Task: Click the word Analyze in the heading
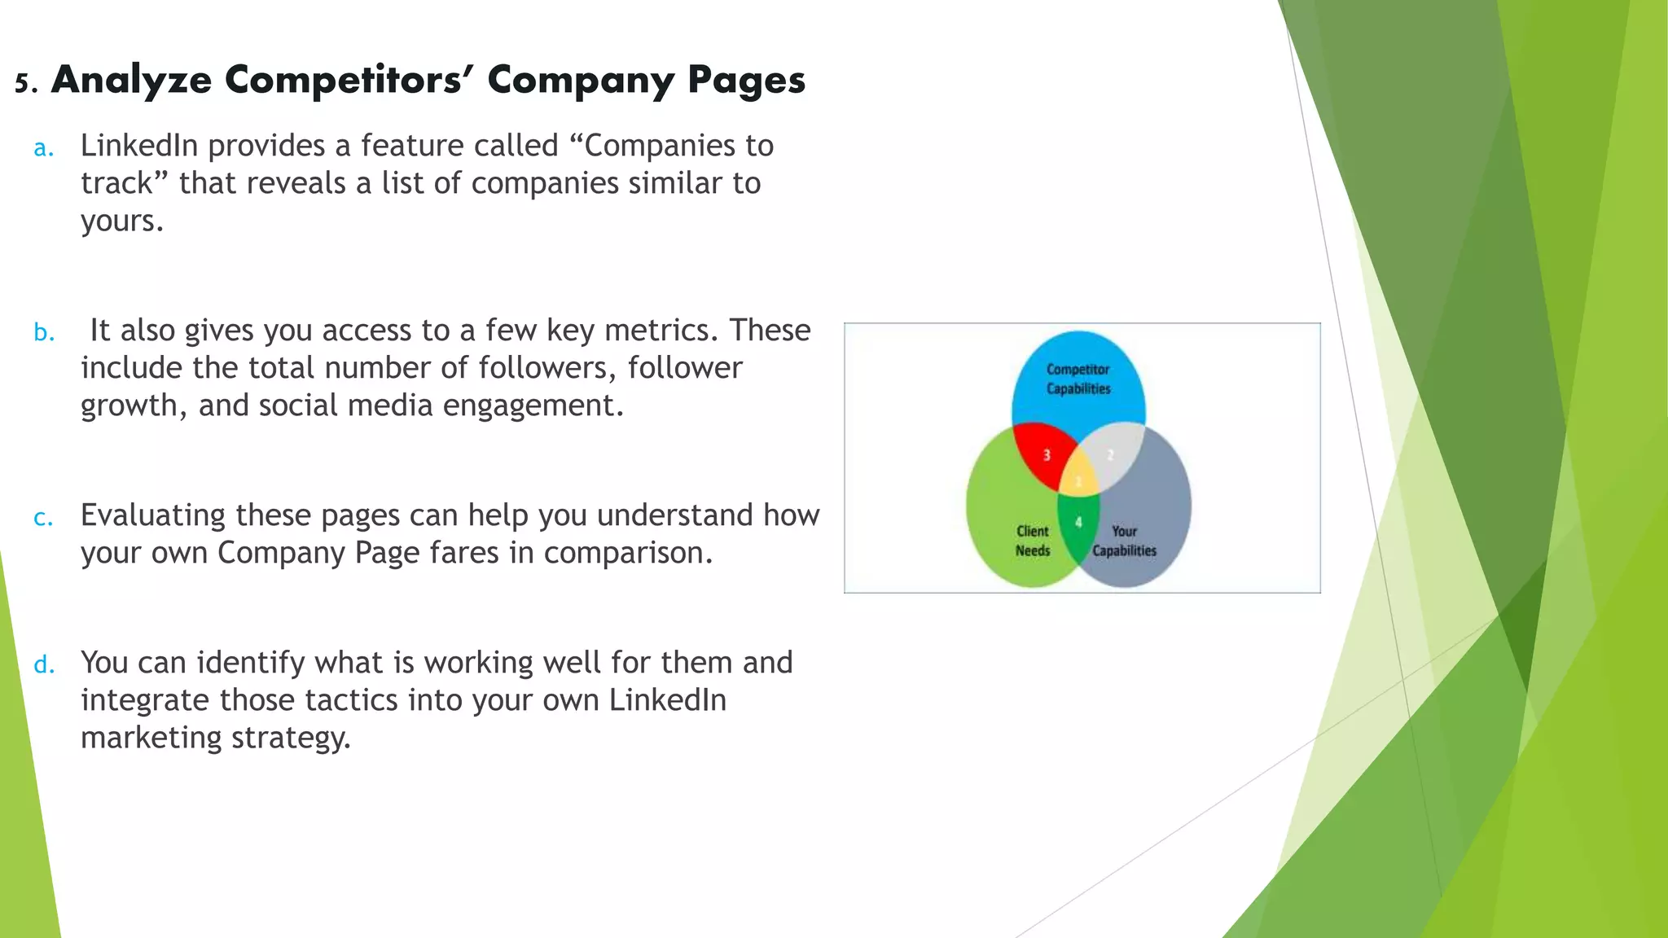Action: pyautogui.click(x=131, y=81)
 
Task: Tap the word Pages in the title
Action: pyautogui.click(x=746, y=81)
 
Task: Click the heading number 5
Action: pyautogui.click(x=25, y=83)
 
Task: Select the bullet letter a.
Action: pyautogui.click(x=43, y=148)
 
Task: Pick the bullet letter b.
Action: pyautogui.click(x=44, y=332)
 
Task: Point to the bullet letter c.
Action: pyautogui.click(x=43, y=518)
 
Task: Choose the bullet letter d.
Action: pyautogui.click(x=44, y=665)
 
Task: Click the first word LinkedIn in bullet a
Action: pyautogui.click(x=139, y=146)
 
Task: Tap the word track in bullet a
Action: pyautogui.click(x=116, y=183)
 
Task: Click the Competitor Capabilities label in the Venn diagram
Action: pyautogui.click(x=1078, y=379)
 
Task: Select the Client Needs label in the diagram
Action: pyautogui.click(x=1032, y=541)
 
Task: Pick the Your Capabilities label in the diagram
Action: pyautogui.click(x=1124, y=541)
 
